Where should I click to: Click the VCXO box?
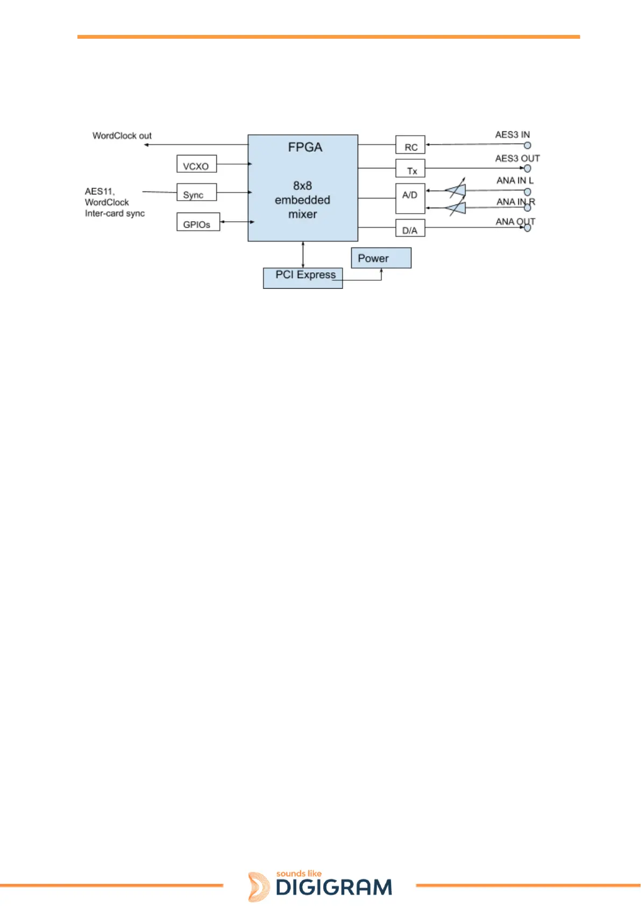tap(196, 164)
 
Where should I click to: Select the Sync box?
tap(196, 193)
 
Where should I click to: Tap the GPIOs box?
tap(198, 222)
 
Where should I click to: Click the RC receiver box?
tap(410, 145)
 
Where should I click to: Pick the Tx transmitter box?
tap(410, 168)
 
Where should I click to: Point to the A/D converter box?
tap(410, 199)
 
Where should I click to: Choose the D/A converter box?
tap(410, 229)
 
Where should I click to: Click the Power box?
tap(381, 258)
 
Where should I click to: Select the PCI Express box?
tap(303, 278)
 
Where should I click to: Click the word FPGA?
tap(305, 147)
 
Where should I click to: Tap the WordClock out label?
tap(122, 136)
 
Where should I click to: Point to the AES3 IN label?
tap(512, 135)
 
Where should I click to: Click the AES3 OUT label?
tap(517, 158)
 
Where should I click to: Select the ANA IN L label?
tap(515, 180)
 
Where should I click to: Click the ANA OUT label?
tap(515, 221)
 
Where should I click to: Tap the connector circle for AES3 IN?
tap(528, 145)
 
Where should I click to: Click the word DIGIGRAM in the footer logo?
tap(334, 888)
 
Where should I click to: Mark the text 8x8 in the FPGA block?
tap(302, 186)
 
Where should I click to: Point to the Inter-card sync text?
tap(115, 214)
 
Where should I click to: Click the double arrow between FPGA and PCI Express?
tap(303, 254)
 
